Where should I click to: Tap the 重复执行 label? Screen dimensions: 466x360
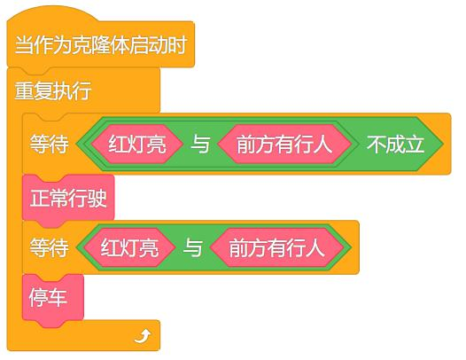pos(53,90)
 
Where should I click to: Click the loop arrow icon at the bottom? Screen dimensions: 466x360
pos(143,336)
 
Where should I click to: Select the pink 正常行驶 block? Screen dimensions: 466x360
pos(68,199)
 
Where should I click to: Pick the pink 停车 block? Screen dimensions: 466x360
pos(53,299)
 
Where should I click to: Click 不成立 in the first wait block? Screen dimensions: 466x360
pos(395,145)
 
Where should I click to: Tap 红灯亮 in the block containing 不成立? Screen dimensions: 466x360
pos(137,145)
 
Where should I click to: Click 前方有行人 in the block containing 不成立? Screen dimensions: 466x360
pos(284,145)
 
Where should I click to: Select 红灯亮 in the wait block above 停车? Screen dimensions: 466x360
pos(129,247)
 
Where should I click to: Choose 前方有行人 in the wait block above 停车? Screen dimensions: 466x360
pos(276,247)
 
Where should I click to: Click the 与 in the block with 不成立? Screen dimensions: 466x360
pos(200,145)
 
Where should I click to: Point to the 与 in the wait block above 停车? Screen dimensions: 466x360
pos(193,248)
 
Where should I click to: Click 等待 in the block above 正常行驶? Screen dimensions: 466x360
pos(49,145)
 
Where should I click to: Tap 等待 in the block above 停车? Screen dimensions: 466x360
pos(49,248)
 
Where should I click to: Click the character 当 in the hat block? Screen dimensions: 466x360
pos(25,45)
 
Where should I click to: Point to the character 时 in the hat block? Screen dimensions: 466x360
pos(177,45)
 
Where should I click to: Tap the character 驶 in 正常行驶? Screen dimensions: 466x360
pos(97,199)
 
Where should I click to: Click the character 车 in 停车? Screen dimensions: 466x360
pos(58,298)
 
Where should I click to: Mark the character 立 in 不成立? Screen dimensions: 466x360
pos(414,145)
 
